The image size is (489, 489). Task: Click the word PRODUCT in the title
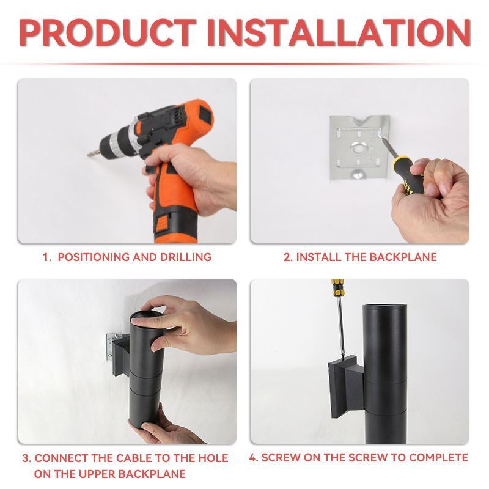pos(108,32)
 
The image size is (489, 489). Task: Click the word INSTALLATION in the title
pos(339,32)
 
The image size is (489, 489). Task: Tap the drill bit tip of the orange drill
pos(89,154)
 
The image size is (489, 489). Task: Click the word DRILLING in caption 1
pos(186,257)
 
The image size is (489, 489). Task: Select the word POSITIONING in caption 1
pos(94,257)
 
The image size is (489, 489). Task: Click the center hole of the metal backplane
pos(359,148)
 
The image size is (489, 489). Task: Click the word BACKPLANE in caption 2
pos(403,257)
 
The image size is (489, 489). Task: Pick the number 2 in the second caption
pos(287,257)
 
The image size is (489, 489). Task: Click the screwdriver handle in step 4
pos(338,287)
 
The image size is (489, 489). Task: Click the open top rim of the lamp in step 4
pos(384,306)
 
